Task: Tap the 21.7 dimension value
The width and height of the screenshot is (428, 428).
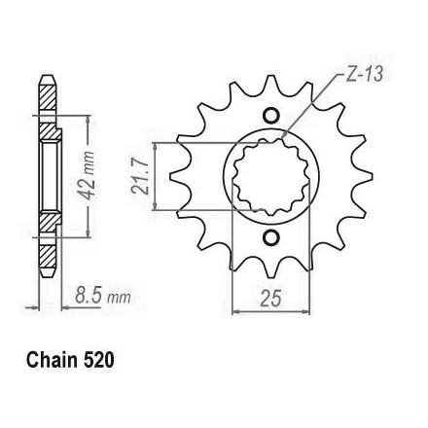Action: click(140, 177)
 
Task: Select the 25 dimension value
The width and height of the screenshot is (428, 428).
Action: click(271, 298)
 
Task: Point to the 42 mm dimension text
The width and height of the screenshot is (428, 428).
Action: click(87, 175)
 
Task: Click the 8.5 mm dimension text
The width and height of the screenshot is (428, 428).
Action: click(103, 296)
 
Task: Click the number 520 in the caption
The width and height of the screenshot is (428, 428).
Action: click(98, 360)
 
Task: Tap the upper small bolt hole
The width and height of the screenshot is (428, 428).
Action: click(270, 115)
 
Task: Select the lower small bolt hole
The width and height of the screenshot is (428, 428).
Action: click(270, 238)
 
